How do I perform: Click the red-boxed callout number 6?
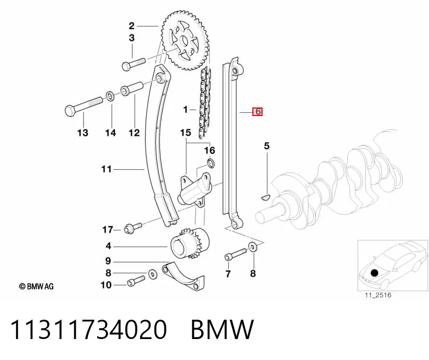coord(258,112)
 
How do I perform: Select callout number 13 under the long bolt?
coord(83,133)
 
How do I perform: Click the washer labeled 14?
coord(110,96)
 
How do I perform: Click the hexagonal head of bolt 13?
coord(70,110)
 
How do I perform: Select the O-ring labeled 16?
coord(210,163)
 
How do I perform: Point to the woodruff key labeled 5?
coord(265,196)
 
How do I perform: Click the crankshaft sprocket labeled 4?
coord(190,243)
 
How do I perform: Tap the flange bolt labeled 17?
coord(133,227)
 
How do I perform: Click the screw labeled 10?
coord(136,281)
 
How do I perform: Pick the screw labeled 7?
coord(236,254)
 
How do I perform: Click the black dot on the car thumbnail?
coord(374,272)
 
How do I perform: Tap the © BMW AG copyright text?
coord(37,286)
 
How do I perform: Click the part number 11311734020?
coord(89,329)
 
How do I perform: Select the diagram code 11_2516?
coord(378,295)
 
